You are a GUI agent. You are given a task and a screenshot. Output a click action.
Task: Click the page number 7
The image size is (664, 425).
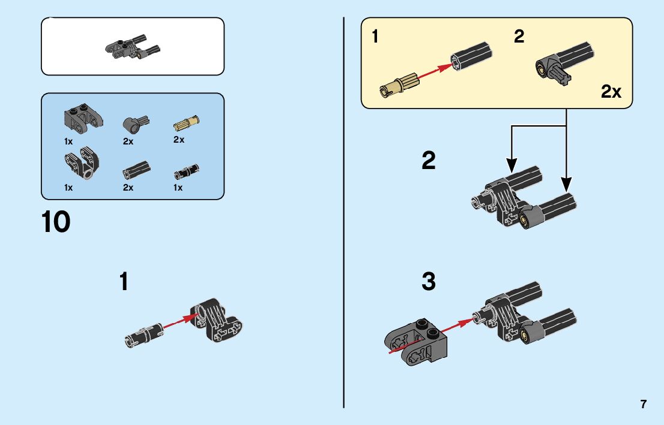[x=644, y=404]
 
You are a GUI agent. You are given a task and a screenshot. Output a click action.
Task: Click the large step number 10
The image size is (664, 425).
[x=56, y=222]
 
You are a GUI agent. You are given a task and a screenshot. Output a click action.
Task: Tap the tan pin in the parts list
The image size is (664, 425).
[x=186, y=123]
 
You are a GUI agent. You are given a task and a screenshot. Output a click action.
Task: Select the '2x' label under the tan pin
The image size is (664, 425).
[x=179, y=140]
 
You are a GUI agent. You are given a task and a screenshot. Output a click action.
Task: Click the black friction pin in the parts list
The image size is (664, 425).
[x=186, y=172]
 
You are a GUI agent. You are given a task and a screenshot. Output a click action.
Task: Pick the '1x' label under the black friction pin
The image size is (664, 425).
[x=178, y=188]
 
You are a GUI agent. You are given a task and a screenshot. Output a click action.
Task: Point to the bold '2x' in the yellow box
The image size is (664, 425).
[x=611, y=92]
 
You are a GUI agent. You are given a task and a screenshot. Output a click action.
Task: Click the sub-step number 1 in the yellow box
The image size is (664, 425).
[x=375, y=37]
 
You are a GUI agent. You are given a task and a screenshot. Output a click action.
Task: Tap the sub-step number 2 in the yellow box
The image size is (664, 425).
[x=519, y=37]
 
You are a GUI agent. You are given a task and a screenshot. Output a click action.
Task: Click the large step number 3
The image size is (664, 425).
[x=428, y=282]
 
